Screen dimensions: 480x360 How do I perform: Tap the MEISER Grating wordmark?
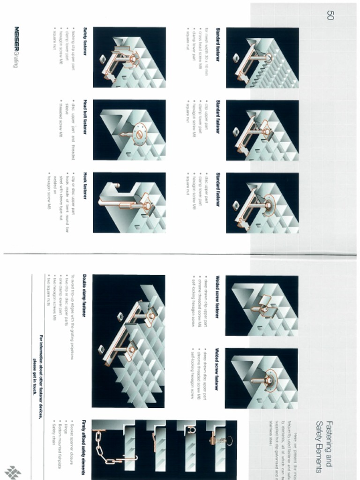[x=16, y=46]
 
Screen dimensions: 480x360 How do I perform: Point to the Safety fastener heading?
[x=85, y=41]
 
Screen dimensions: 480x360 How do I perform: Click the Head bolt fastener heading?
[x=85, y=117]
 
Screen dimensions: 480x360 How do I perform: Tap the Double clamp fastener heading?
[x=84, y=295]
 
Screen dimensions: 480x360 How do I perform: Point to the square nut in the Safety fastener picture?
[x=102, y=59]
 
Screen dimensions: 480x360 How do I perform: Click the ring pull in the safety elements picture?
[x=229, y=440]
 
